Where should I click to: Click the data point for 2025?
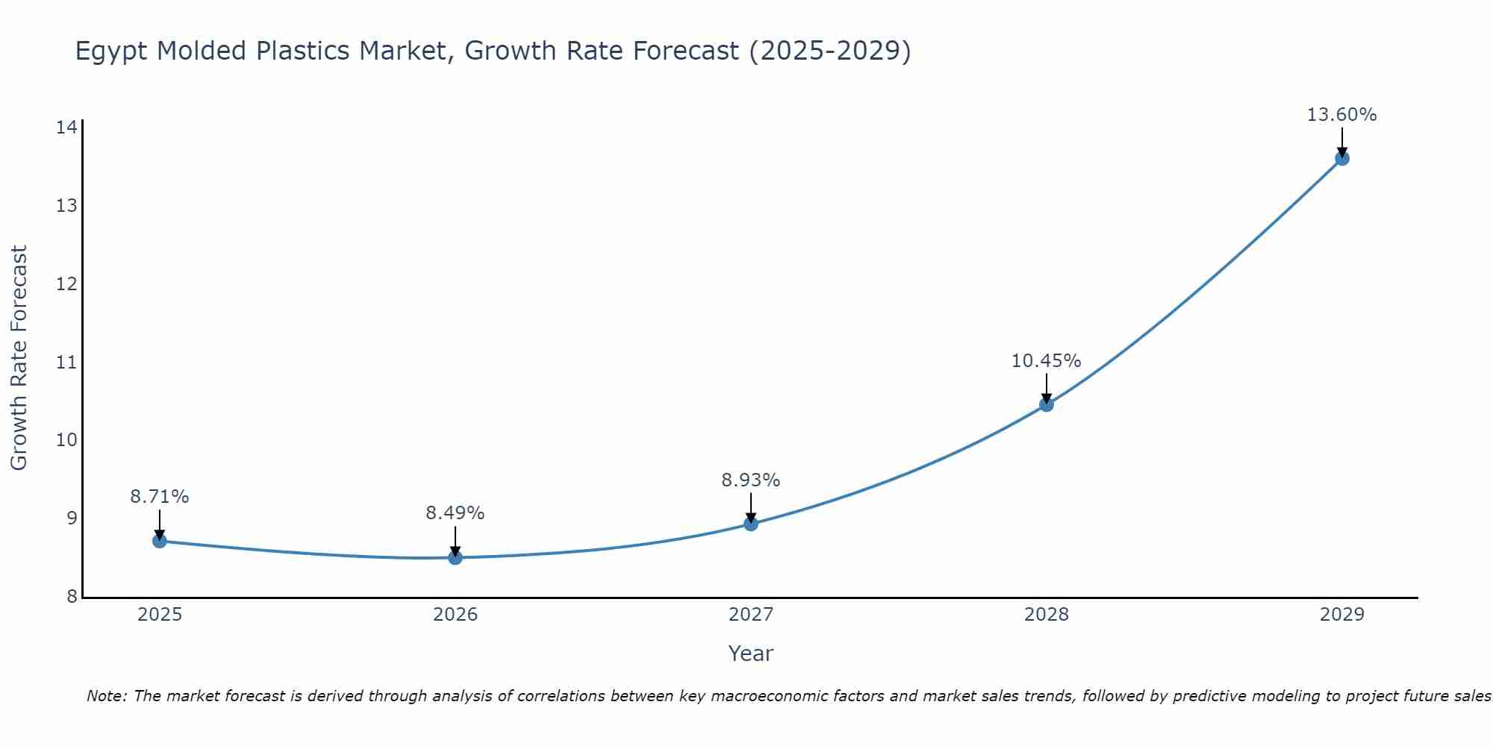click(x=159, y=541)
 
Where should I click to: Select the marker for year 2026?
click(x=455, y=557)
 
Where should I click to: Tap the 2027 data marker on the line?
click(x=751, y=524)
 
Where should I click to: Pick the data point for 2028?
click(x=1047, y=404)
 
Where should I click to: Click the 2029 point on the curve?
click(x=1341, y=158)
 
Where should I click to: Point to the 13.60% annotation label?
click(x=1341, y=115)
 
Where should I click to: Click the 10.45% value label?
click(x=1046, y=361)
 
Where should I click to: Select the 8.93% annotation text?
click(x=750, y=480)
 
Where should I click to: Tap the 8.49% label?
click(x=455, y=513)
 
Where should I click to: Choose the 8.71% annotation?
click(x=159, y=497)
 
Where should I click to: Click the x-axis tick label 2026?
click(x=455, y=615)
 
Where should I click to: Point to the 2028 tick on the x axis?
click(x=1047, y=615)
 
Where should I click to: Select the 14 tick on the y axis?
click(x=66, y=128)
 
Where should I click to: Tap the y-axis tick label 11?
click(x=66, y=363)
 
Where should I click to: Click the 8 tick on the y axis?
click(x=72, y=597)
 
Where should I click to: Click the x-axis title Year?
click(x=750, y=653)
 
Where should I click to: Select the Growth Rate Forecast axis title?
click(x=19, y=358)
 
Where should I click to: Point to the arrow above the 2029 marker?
click(x=1341, y=142)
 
